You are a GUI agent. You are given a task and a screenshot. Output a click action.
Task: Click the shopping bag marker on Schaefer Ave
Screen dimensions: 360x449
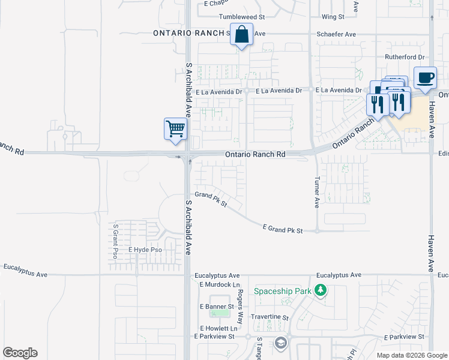241,35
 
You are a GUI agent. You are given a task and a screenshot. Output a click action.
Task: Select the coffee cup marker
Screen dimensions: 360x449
425,79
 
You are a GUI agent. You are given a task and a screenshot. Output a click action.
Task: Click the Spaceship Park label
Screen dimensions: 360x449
282,292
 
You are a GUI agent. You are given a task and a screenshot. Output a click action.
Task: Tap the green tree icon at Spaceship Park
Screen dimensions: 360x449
321,291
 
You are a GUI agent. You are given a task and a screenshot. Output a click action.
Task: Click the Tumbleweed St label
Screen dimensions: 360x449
242,17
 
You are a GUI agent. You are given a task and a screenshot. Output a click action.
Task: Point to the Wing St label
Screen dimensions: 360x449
332,17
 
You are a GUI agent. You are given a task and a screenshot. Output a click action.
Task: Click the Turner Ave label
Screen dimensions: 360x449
317,192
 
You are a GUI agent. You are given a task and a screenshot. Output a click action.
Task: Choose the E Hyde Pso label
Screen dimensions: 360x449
145,249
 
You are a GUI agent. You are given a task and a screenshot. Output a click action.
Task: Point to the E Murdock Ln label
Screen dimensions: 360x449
220,284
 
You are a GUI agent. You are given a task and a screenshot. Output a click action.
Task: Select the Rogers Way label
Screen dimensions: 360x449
240,307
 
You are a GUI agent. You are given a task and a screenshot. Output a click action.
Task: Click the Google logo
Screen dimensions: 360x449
20,353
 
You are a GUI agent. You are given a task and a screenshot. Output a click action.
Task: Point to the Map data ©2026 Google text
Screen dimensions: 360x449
412,355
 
